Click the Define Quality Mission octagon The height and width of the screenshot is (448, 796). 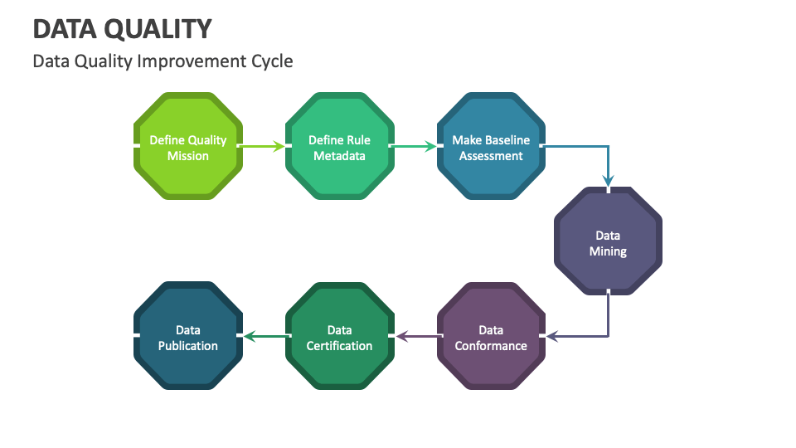(188, 147)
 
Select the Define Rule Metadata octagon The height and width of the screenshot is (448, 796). (339, 147)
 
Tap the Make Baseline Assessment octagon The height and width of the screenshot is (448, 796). (491, 147)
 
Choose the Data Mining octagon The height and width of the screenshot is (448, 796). (608, 242)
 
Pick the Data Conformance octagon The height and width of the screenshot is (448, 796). (491, 337)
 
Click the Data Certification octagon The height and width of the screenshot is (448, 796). (339, 337)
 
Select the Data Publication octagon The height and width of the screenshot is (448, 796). (188, 337)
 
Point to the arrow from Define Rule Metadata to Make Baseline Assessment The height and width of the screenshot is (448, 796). (415, 147)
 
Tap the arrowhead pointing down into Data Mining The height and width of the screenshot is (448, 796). (608, 180)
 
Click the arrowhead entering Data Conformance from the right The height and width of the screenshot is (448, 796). (553, 337)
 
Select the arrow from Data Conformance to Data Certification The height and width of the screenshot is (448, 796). (415, 337)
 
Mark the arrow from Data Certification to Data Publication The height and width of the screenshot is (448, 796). (264, 337)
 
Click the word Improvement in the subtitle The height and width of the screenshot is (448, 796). (194, 61)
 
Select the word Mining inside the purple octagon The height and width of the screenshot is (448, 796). (608, 251)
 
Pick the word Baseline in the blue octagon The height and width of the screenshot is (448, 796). (504, 140)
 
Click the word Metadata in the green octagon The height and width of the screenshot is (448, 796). (339, 156)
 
